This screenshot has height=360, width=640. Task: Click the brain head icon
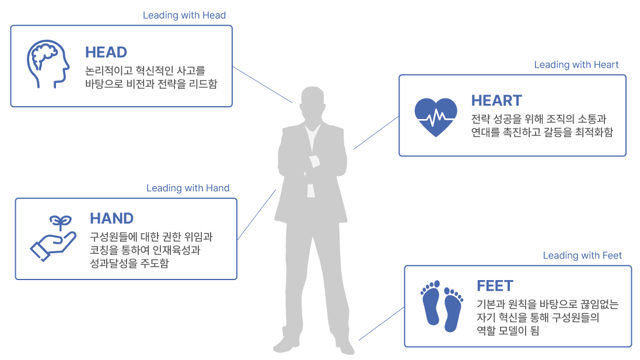click(48, 65)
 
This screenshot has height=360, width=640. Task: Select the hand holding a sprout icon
click(53, 238)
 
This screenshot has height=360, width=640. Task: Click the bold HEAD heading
click(106, 53)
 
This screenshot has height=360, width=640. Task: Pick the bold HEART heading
click(496, 100)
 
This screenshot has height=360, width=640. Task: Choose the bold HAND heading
click(111, 219)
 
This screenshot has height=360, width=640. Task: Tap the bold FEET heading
click(495, 286)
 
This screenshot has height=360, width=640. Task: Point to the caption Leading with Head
click(184, 15)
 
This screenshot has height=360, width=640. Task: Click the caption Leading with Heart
click(576, 65)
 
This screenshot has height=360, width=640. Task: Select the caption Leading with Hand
click(188, 188)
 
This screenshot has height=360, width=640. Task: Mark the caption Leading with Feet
click(582, 256)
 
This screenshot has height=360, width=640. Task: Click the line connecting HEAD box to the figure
click(263, 85)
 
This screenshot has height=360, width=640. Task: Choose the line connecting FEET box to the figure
click(381, 324)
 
